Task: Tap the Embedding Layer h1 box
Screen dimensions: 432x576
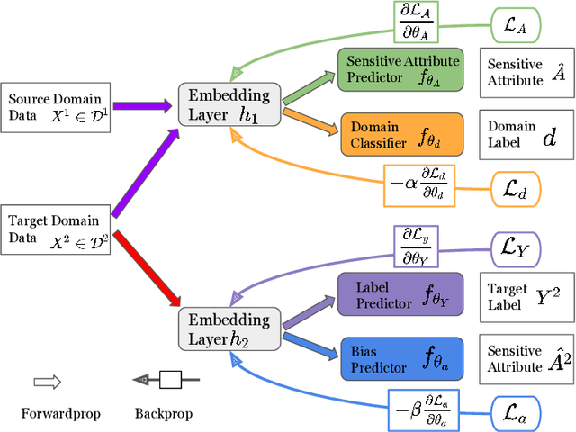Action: (x=224, y=103)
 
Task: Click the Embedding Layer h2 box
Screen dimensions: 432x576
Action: (x=224, y=329)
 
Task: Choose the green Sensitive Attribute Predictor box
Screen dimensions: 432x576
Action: (x=400, y=70)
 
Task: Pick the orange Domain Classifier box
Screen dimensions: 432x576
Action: (x=400, y=133)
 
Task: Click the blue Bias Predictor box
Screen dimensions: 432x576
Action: (x=400, y=356)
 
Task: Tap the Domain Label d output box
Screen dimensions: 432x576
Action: (x=523, y=134)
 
